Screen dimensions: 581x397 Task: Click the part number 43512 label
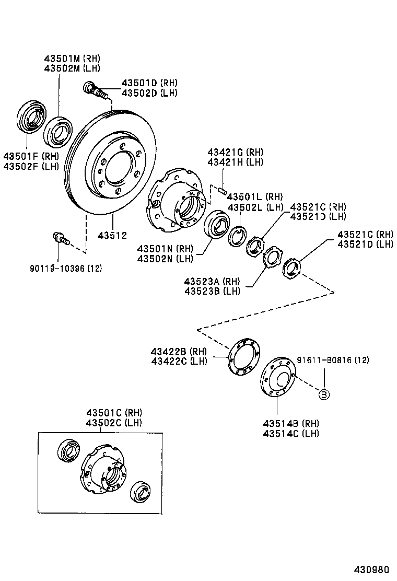click(112, 236)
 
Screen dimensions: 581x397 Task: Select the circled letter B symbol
click(324, 394)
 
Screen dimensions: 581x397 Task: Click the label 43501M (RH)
click(72, 59)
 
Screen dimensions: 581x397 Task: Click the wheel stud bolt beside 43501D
click(95, 90)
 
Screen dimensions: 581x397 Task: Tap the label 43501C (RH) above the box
click(114, 413)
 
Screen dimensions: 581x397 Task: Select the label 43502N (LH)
click(165, 258)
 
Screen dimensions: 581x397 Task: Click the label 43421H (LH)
click(235, 162)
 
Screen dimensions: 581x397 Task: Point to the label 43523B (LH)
click(212, 291)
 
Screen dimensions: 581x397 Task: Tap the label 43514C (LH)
click(291, 433)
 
